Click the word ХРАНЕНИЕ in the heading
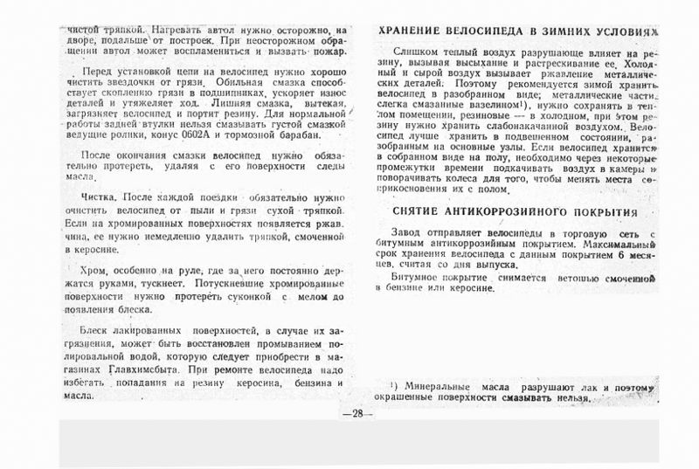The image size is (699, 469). tap(412, 31)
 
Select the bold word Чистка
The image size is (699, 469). tap(98, 197)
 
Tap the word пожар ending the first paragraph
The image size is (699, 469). tap(327, 51)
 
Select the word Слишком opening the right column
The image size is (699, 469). tap(415, 53)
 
